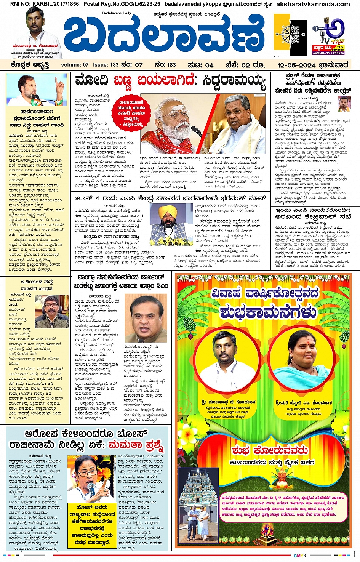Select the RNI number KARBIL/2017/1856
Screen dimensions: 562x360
click(45, 4)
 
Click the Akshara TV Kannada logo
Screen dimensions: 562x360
click(328, 35)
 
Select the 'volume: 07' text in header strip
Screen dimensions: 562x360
click(74, 65)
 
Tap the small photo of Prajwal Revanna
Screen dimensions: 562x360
click(344, 104)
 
